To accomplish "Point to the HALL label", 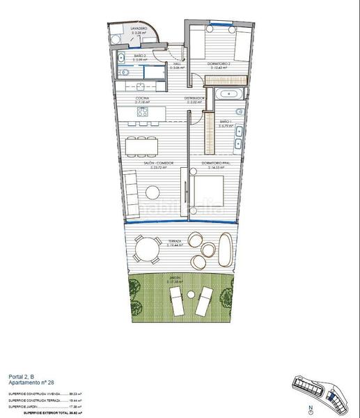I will coord(178,63).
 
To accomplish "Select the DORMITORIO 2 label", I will coord(220,63).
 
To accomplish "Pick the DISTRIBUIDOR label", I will coord(194,99).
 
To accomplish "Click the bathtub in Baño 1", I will coord(228,93).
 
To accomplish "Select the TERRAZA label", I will coord(175,242).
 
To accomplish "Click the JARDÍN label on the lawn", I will coord(175,279).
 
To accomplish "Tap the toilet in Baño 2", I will coord(121,59).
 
